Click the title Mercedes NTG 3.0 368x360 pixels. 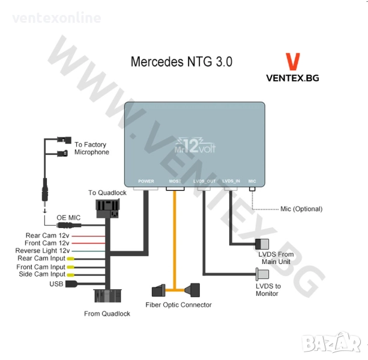click(x=181, y=62)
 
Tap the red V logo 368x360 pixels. click(x=293, y=61)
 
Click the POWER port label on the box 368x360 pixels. click(x=146, y=181)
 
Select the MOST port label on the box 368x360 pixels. click(x=175, y=181)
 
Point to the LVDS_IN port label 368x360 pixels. click(x=231, y=181)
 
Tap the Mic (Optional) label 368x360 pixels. click(x=301, y=209)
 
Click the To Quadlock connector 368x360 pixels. click(x=107, y=208)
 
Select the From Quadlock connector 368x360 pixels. click(x=107, y=296)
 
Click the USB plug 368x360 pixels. click(x=71, y=284)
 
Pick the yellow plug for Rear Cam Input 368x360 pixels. click(x=71, y=259)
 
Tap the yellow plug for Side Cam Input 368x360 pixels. click(x=71, y=275)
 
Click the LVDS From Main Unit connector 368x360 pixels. click(x=262, y=244)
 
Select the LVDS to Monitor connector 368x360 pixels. click(x=262, y=274)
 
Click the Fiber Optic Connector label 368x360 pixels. click(x=178, y=305)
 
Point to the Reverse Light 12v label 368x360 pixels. click(x=43, y=251)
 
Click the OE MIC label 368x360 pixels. click(x=68, y=218)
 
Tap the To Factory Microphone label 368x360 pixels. click(x=92, y=148)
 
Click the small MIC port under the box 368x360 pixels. click(x=252, y=189)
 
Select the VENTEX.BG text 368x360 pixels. click(x=293, y=78)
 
